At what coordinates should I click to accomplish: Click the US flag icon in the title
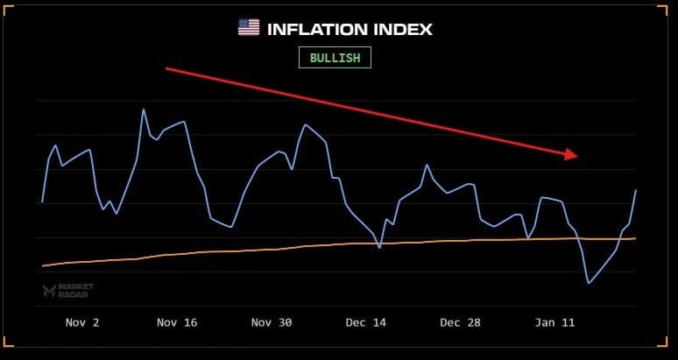[x=249, y=28]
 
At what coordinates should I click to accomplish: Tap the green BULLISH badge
[x=335, y=58]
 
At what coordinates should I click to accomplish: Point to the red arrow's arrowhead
[x=572, y=155]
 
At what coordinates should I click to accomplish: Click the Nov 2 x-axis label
[x=82, y=322]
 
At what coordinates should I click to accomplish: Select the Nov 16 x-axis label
[x=177, y=322]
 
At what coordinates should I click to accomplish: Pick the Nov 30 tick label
[x=272, y=322]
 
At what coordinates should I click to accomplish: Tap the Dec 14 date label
[x=366, y=322]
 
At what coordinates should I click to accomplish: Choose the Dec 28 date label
[x=461, y=322]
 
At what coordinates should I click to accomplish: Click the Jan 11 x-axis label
[x=555, y=322]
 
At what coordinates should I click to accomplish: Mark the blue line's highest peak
[x=143, y=109]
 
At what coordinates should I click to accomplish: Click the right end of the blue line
[x=635, y=190]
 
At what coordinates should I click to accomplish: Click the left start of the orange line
[x=42, y=265]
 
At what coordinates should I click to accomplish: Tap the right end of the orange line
[x=635, y=237]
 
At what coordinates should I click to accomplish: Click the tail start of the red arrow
[x=166, y=68]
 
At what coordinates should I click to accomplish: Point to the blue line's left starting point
[x=42, y=202]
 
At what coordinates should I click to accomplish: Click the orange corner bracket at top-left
[x=11, y=8]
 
